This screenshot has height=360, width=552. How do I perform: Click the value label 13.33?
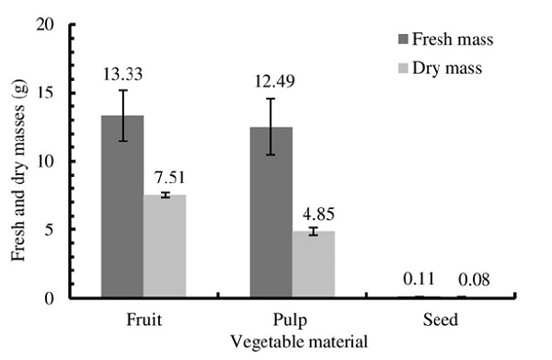click(x=122, y=74)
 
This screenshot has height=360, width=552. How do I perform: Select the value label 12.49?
click(x=271, y=83)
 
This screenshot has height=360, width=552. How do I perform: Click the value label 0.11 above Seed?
click(x=420, y=279)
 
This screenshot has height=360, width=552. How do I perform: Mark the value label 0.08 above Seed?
click(x=463, y=279)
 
